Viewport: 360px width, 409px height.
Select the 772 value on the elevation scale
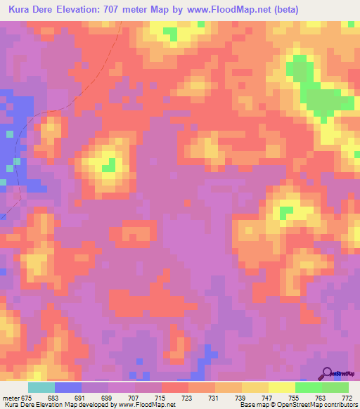tap(347, 398)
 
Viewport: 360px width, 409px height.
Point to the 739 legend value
tap(242, 398)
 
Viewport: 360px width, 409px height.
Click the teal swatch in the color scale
tap(41, 387)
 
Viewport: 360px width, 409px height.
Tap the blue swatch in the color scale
tap(67, 387)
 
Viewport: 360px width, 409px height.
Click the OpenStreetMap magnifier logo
tap(328, 373)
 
